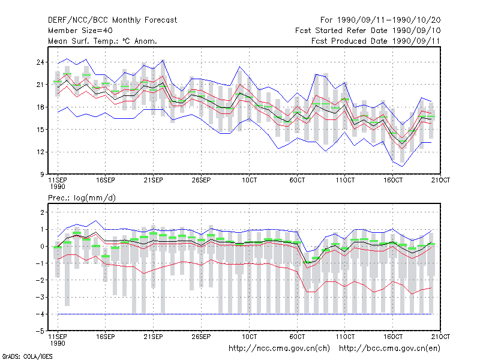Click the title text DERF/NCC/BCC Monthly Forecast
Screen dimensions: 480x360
coord(112,20)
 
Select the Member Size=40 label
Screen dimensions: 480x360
coord(80,31)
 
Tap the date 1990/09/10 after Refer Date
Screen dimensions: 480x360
coord(416,31)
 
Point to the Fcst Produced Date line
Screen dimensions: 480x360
coord(376,41)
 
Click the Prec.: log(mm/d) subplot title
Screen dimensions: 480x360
coord(82,198)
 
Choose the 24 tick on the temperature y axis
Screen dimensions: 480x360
coord(40,62)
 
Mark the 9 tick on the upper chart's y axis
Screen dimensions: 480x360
coord(42,175)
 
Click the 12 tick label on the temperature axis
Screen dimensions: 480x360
coord(40,152)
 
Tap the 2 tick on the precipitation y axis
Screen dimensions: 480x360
coord(42,212)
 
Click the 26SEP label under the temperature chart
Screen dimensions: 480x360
coord(201,181)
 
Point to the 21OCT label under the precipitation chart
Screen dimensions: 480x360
coord(440,337)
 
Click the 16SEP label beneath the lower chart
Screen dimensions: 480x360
coord(106,337)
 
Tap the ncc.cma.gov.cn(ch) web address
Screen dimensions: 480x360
coord(279,349)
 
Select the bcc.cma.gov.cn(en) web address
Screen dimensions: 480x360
coord(389,349)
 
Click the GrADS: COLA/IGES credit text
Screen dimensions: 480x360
coord(27,356)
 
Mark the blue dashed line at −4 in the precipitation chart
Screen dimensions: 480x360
coord(245,314)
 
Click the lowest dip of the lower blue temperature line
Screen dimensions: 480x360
coord(402,166)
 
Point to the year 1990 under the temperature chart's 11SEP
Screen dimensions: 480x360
coord(58,187)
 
